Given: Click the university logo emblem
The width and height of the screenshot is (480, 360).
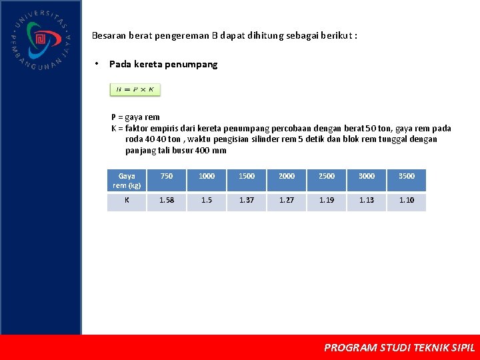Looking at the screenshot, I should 41,40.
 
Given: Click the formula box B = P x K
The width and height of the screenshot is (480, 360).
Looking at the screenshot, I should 135,89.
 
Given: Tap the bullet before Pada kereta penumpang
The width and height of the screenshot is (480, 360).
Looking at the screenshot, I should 97,64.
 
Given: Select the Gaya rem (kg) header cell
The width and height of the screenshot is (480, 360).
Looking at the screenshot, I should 127,181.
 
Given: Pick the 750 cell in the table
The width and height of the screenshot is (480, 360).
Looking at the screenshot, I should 167,176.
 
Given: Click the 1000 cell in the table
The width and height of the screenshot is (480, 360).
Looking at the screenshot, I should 207,176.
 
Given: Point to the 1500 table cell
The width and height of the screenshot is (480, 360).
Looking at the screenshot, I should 247,176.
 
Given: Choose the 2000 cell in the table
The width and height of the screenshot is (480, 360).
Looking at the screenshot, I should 287,176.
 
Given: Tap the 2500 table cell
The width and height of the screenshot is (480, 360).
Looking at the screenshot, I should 327,176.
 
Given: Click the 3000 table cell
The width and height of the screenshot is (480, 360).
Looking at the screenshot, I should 367,176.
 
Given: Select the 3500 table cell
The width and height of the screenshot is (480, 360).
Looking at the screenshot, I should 407,176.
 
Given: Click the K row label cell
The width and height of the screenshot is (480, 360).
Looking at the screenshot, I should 127,200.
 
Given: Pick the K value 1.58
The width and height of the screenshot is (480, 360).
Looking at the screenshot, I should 167,200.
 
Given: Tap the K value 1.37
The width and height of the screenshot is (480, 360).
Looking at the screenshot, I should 247,200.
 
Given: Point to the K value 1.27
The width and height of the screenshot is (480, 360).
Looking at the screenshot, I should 287,200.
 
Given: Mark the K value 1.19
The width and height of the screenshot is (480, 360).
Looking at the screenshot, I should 327,200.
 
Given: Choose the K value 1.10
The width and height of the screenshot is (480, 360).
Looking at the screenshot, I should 407,200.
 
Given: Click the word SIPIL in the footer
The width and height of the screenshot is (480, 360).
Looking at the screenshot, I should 463,347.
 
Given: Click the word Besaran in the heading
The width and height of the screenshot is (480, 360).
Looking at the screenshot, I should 107,35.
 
